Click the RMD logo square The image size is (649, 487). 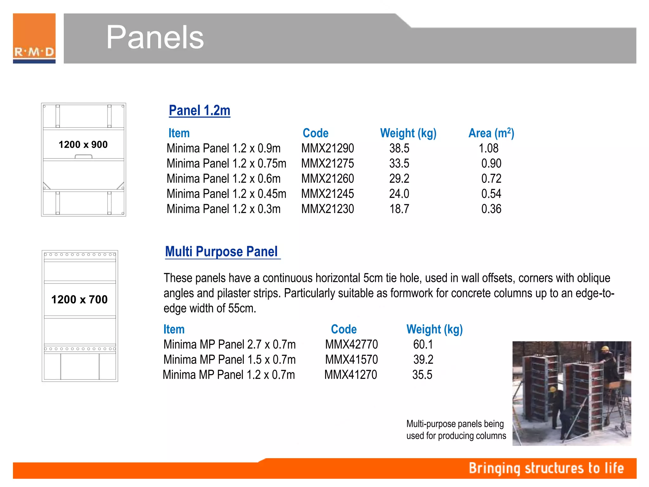tap(34, 38)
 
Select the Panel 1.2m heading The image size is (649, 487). tap(199, 110)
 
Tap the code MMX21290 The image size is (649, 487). tap(327, 148)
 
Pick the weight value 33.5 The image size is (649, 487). tap(399, 163)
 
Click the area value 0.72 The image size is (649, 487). tap(491, 179)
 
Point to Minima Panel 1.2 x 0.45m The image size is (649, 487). tap(226, 194)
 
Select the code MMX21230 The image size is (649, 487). tap(327, 209)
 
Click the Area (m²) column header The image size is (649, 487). tap(491, 133)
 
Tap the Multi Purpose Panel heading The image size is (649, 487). tap(222, 251)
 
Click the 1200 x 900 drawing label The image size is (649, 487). tap(83, 145)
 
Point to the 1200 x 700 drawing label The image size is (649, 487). tap(80, 299)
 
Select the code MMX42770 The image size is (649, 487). tap(351, 344)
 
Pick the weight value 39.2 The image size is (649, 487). tap(423, 360)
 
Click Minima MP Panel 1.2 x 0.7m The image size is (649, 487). tap(229, 375)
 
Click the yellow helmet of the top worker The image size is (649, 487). tap(605, 348)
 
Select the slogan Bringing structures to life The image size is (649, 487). tap(546, 468)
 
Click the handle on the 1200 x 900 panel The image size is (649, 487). tap(84, 156)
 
